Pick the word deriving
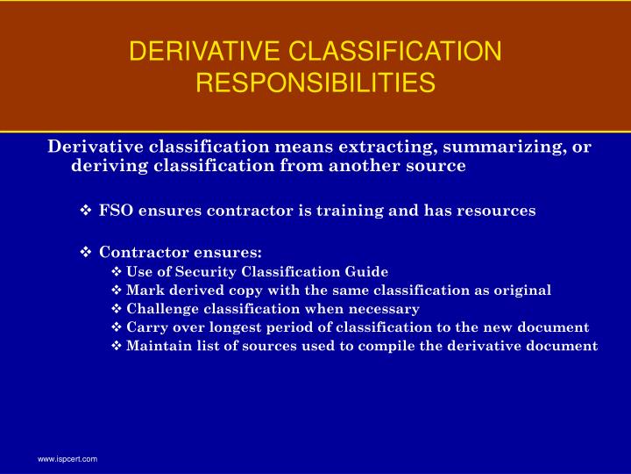click(x=107, y=166)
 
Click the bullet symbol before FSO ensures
click(x=87, y=211)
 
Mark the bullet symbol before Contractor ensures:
click(x=87, y=253)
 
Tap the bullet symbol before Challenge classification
click(x=117, y=309)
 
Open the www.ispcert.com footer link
click(x=67, y=459)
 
